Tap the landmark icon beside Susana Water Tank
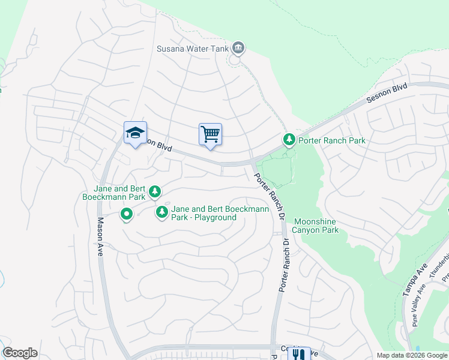238,48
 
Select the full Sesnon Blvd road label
387,95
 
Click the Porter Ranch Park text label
331,140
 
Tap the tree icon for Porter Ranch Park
289,140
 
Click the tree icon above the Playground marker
155,191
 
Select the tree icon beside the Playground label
161,212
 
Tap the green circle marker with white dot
127,214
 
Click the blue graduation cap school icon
135,133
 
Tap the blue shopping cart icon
210,134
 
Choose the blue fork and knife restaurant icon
299,354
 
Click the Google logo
20,353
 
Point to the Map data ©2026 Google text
412,355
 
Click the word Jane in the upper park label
102,188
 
